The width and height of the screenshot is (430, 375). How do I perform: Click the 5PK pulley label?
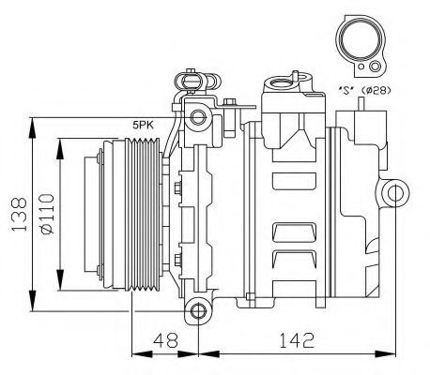(x=144, y=123)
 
